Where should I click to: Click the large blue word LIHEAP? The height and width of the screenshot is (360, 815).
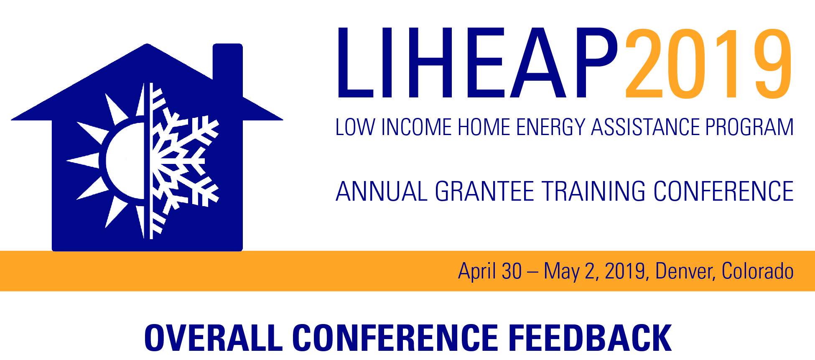click(x=478, y=63)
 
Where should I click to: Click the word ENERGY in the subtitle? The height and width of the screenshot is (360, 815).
click(x=550, y=127)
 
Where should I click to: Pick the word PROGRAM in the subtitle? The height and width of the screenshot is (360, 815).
click(x=750, y=127)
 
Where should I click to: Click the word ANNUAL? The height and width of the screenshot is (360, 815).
click(x=382, y=191)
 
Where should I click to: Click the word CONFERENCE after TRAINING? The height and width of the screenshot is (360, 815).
click(x=723, y=191)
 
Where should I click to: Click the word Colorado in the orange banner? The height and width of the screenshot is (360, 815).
click(x=758, y=271)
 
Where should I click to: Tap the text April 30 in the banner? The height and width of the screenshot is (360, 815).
click(x=490, y=271)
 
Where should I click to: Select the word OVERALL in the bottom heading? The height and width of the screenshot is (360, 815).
click(x=214, y=338)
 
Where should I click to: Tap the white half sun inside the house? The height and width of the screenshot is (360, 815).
click(x=113, y=161)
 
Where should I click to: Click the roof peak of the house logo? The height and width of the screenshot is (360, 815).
click(x=147, y=44)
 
